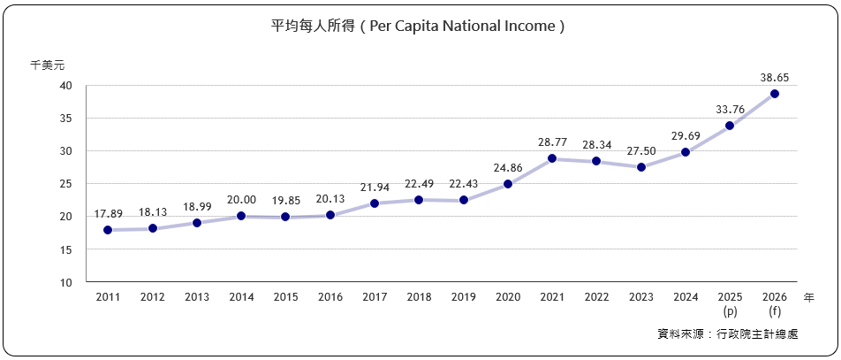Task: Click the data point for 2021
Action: pyautogui.click(x=552, y=158)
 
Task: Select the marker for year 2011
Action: pyautogui.click(x=108, y=230)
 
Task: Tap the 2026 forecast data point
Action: pyautogui.click(x=775, y=94)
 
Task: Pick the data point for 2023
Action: pyautogui.click(x=641, y=167)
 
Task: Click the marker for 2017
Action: pyautogui.click(x=375, y=203)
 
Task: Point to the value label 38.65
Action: pyautogui.click(x=775, y=78)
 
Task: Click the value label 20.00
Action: pyautogui.click(x=241, y=200)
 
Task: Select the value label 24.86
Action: pyautogui.click(x=508, y=168)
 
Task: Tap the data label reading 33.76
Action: pyautogui.click(x=731, y=110)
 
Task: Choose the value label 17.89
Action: pyautogui.click(x=108, y=214)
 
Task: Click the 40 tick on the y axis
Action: pyautogui.click(x=66, y=86)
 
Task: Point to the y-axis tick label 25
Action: pyautogui.click(x=66, y=184)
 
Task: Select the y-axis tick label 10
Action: pyautogui.click(x=66, y=283)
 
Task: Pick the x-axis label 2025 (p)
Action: pyautogui.click(x=731, y=305)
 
